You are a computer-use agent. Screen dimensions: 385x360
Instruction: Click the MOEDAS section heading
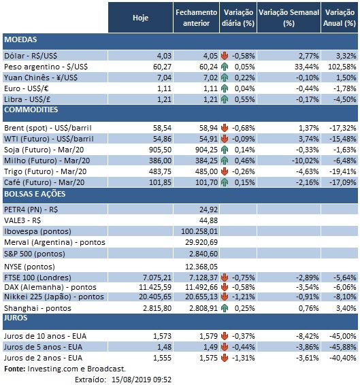pyautogui.click(x=20, y=40)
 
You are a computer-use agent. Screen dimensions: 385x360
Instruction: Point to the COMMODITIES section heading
pyautogui.click(x=32, y=109)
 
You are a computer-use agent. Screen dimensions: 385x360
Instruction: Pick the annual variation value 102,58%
pyautogui.click(x=340, y=67)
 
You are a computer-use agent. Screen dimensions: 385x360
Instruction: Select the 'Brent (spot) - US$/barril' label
pyautogui.click(x=48, y=127)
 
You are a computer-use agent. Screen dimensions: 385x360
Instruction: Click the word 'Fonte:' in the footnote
pyautogui.click(x=14, y=367)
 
